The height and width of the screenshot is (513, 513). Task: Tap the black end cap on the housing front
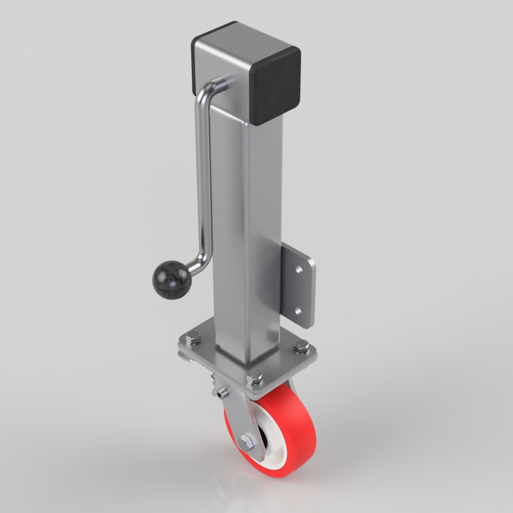277,87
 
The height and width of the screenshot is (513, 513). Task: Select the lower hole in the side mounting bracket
298,311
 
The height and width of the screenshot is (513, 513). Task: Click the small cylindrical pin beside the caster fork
221,394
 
